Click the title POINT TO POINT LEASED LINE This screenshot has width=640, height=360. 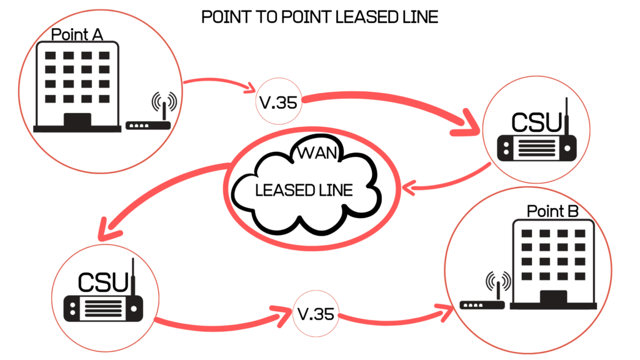[x=319, y=17]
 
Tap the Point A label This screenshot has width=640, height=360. [x=77, y=35]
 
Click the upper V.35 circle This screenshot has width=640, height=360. [x=278, y=102]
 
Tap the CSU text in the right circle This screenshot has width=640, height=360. [x=537, y=122]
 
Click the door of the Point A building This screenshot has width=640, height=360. [x=77, y=120]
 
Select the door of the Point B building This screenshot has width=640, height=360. [x=553, y=298]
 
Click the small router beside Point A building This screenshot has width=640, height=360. [x=149, y=124]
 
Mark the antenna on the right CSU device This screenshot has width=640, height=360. [x=566, y=116]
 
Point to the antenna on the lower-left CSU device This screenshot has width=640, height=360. [x=132, y=275]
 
